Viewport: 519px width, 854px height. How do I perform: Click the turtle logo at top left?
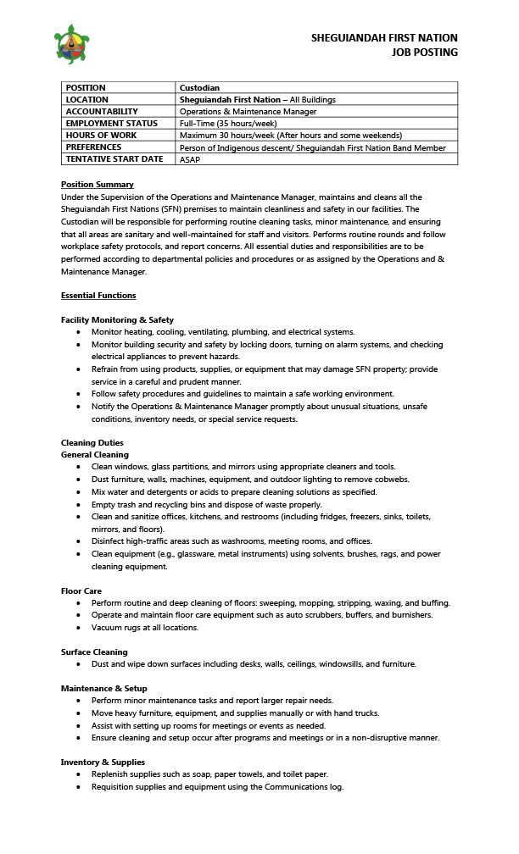(x=71, y=44)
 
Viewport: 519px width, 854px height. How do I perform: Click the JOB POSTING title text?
(x=424, y=53)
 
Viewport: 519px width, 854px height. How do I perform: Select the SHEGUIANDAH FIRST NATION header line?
(x=384, y=38)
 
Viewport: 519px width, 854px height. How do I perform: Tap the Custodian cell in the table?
(x=200, y=87)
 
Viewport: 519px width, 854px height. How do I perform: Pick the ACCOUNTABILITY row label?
(x=102, y=111)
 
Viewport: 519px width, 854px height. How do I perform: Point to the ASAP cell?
(x=190, y=158)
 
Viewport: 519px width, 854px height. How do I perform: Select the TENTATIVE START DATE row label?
(x=114, y=158)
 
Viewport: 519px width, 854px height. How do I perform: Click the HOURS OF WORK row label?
(x=101, y=135)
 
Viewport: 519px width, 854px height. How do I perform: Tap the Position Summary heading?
(x=97, y=185)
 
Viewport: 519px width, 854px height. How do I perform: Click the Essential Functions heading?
(x=98, y=296)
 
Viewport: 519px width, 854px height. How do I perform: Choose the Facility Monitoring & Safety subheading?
(x=117, y=320)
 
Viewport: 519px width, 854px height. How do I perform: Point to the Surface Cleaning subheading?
(x=94, y=652)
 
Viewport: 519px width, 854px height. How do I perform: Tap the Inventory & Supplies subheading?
(x=103, y=762)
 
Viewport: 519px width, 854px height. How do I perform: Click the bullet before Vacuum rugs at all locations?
(x=79, y=628)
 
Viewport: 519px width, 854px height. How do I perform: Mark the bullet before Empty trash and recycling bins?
(x=79, y=504)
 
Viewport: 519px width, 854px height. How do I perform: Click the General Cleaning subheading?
(x=95, y=455)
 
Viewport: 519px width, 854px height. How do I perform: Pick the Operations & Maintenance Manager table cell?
(x=248, y=111)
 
